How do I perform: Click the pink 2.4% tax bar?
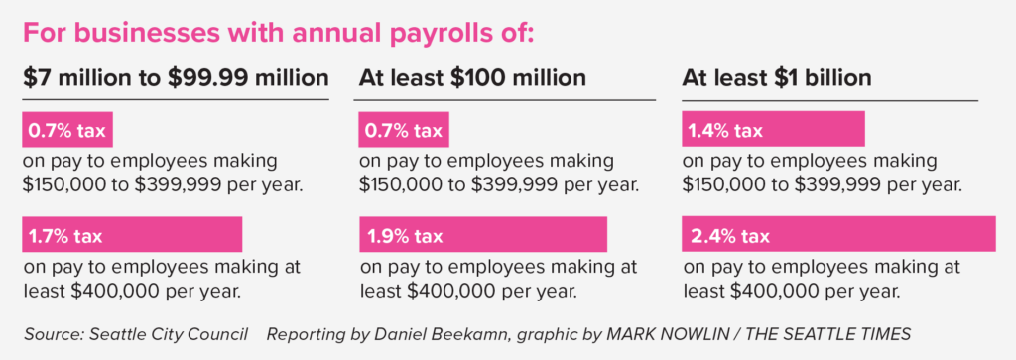coord(838,234)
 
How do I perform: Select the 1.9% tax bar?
coord(483,234)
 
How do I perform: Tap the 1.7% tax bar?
coord(132,234)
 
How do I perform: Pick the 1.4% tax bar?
coord(773,129)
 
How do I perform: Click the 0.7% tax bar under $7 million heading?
coord(67,129)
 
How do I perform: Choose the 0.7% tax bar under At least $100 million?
coord(404,129)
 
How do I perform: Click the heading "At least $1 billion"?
coord(776,78)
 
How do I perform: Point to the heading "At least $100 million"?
coord(472,78)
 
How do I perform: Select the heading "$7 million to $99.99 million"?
coord(176,78)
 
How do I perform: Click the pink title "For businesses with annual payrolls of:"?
coord(279,34)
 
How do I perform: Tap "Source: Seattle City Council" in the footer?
coord(136,335)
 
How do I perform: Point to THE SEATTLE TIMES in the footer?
coord(828,335)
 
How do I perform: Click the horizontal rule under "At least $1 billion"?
coord(830,101)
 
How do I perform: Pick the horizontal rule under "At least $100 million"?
coord(505,100)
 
